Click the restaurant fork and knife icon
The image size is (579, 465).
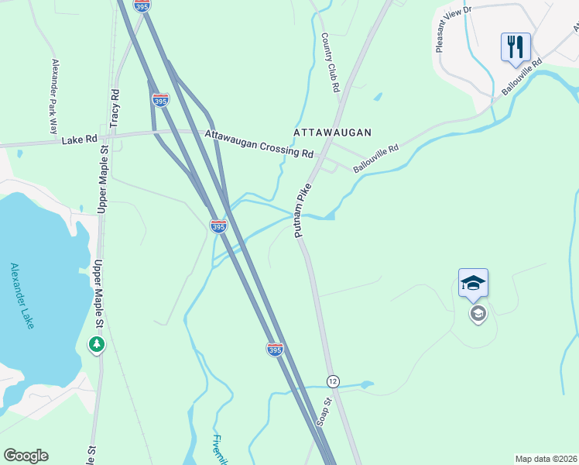click(516, 46)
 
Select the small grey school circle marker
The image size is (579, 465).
click(478, 314)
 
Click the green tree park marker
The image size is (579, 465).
click(97, 343)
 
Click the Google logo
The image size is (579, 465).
click(26, 456)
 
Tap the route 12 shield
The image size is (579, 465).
click(333, 381)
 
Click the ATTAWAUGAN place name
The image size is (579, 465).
click(333, 133)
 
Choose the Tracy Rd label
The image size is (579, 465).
click(115, 108)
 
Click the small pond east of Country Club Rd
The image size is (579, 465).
click(377, 98)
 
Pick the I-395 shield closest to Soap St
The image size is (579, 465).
click(275, 350)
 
